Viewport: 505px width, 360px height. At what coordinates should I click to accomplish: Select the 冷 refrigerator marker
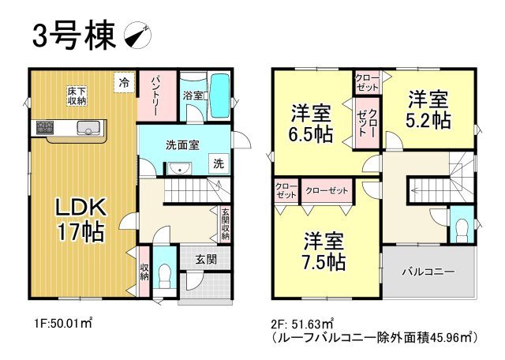point(125,81)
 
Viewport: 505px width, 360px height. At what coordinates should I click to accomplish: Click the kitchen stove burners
point(43,127)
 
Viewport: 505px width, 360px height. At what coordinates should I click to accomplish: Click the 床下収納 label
point(77,96)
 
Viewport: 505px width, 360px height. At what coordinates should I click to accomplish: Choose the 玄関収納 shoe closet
point(225,223)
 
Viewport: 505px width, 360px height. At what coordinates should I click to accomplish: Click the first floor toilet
point(164,276)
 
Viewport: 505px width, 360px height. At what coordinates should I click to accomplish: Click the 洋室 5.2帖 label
point(428,110)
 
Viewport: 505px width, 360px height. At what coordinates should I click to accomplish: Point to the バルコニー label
point(428,272)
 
